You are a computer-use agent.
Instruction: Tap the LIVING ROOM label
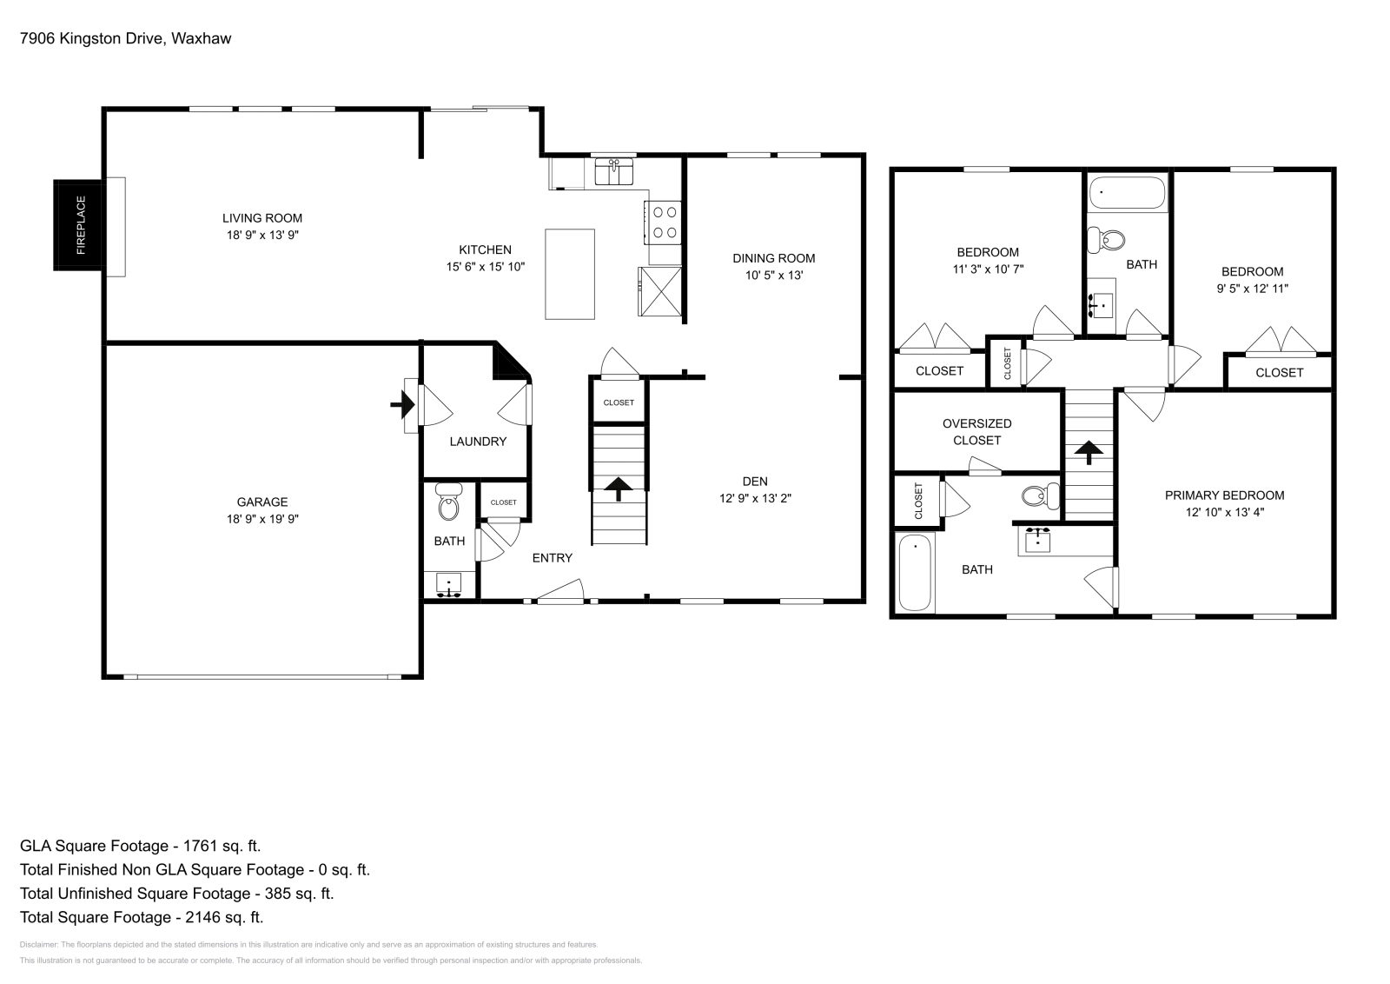point(261,218)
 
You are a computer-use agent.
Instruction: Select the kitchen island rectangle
point(570,274)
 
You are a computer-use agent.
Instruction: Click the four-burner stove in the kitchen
point(665,222)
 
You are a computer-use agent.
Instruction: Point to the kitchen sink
point(614,171)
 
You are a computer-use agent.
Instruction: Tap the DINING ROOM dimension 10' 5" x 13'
point(773,276)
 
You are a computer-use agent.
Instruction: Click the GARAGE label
point(261,502)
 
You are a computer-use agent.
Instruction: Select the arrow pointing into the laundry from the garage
point(401,404)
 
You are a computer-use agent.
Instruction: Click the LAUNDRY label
point(477,442)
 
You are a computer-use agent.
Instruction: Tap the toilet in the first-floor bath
point(448,502)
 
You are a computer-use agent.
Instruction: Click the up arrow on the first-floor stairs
point(619,489)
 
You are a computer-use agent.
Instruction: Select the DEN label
point(754,482)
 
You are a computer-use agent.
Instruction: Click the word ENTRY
point(552,558)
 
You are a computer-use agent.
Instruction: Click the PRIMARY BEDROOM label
point(1224,495)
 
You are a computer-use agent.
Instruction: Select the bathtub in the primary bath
point(915,572)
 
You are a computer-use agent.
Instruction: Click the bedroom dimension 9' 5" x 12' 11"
point(1252,289)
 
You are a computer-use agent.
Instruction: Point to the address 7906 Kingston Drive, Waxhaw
point(125,38)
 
